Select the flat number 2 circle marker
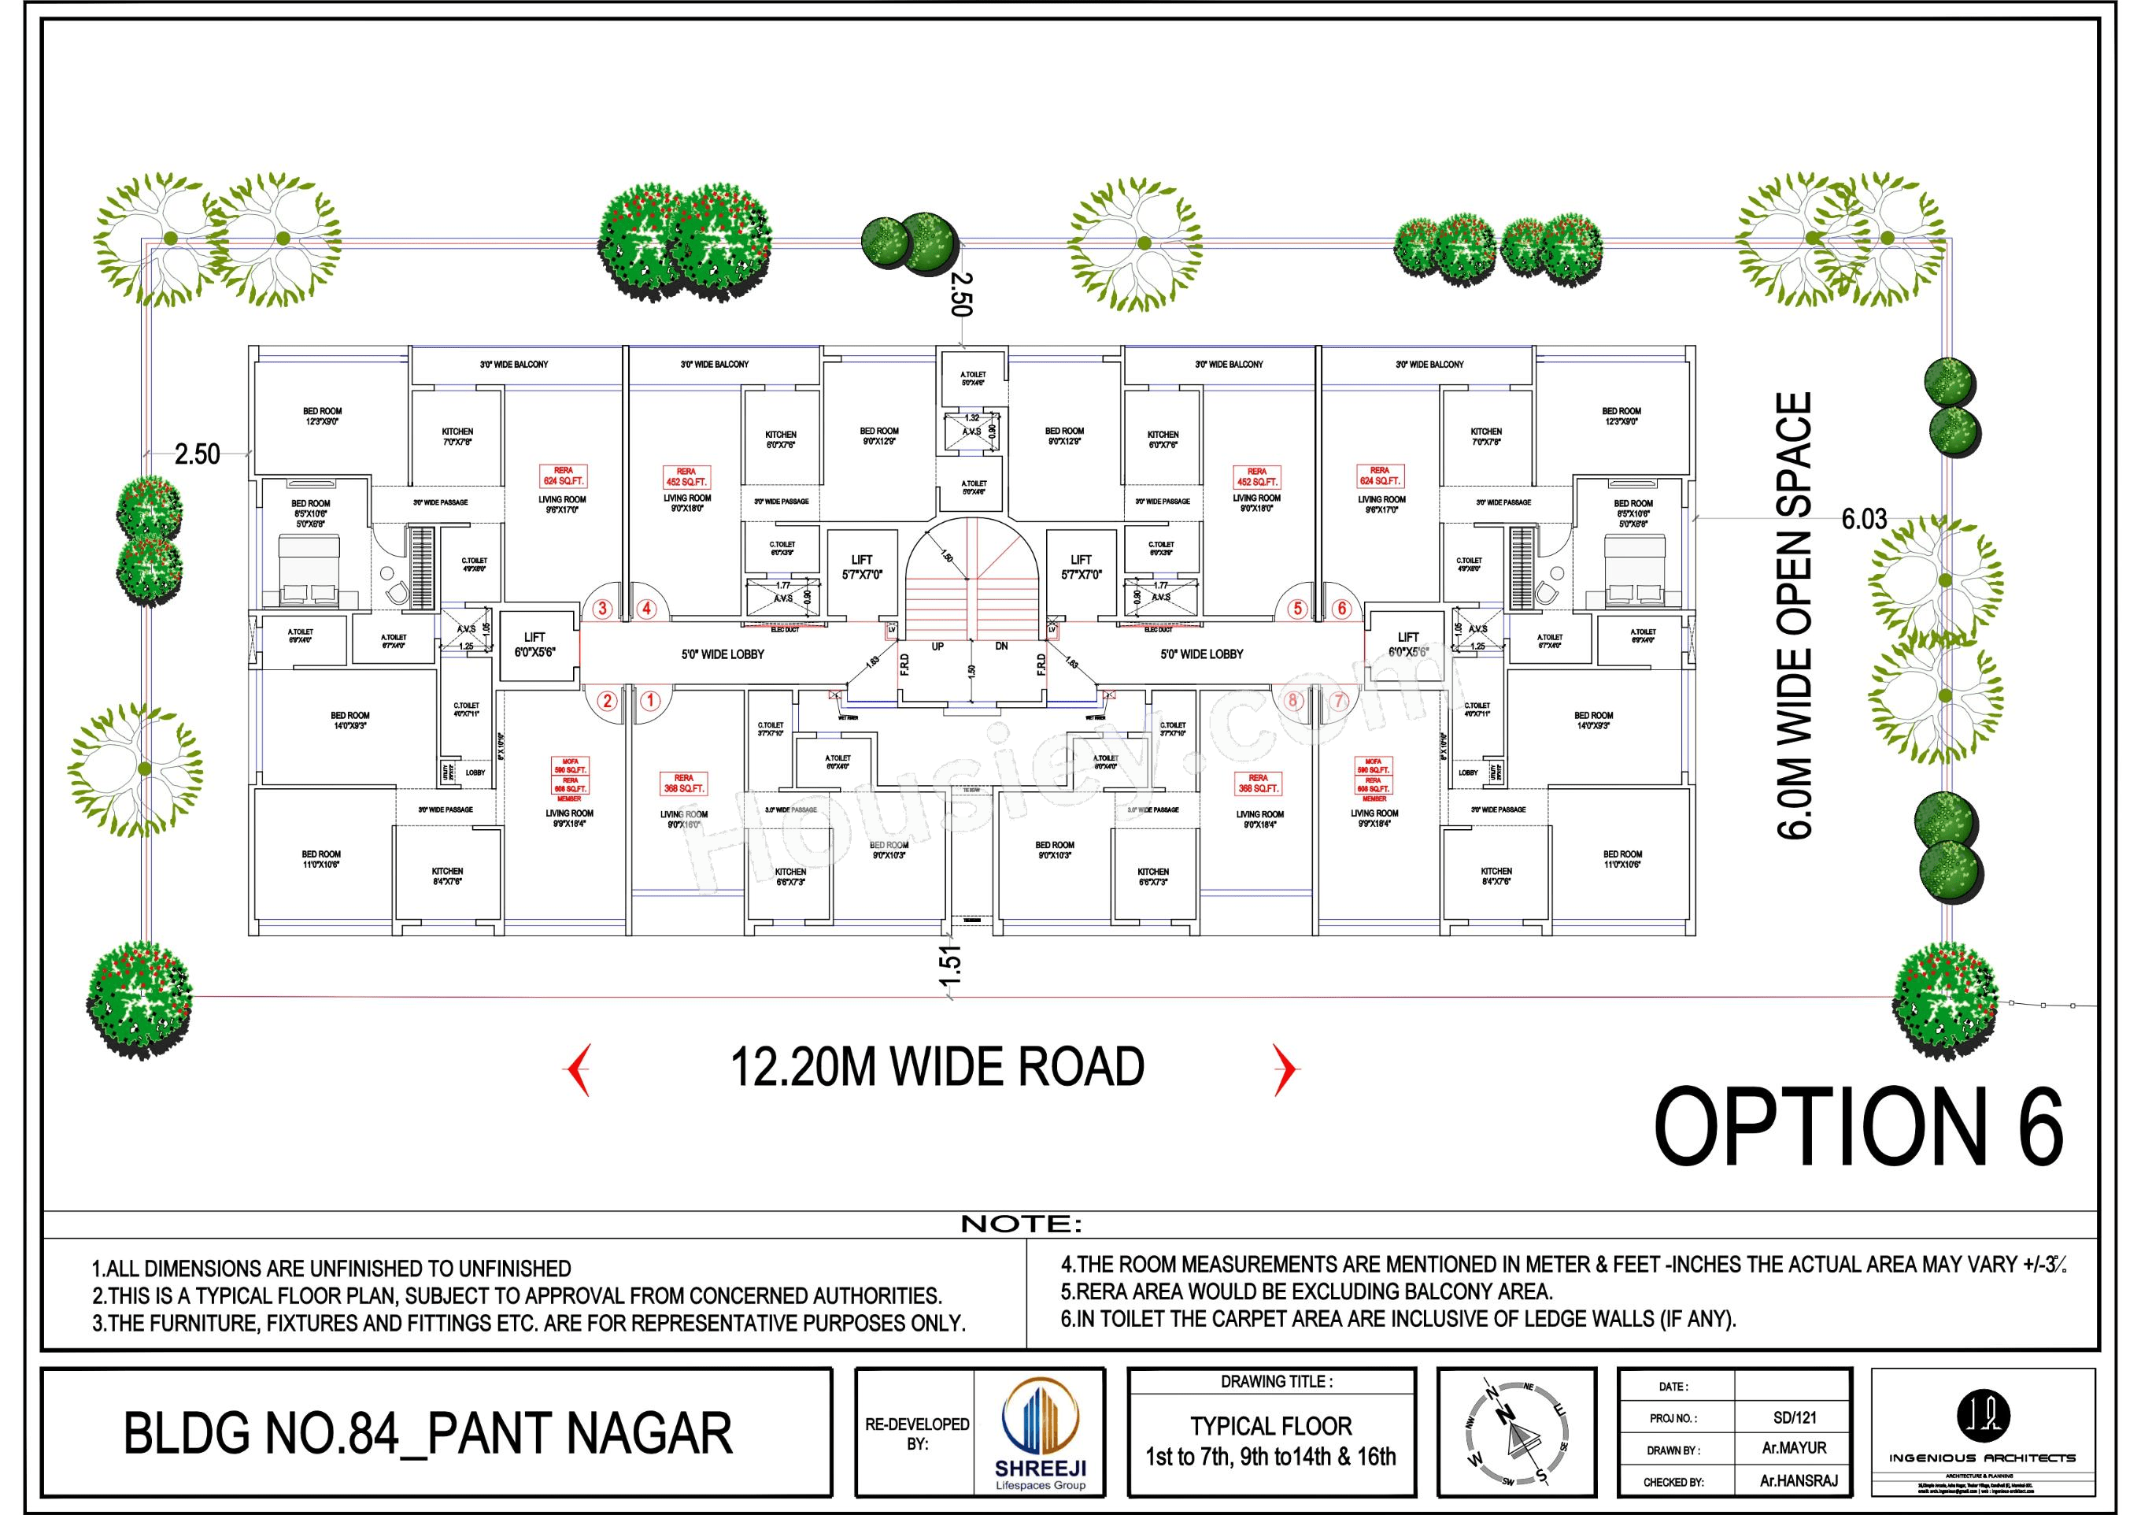[x=607, y=700]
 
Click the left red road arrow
[x=578, y=1070]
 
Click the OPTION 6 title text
[x=1858, y=1127]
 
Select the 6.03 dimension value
[x=1863, y=520]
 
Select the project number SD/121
[x=1794, y=1418]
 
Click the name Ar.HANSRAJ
[x=1793, y=1481]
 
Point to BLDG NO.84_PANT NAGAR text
[x=428, y=1434]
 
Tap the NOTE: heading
[x=1021, y=1224]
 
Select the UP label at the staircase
[x=937, y=646]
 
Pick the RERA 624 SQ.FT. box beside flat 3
[x=564, y=476]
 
